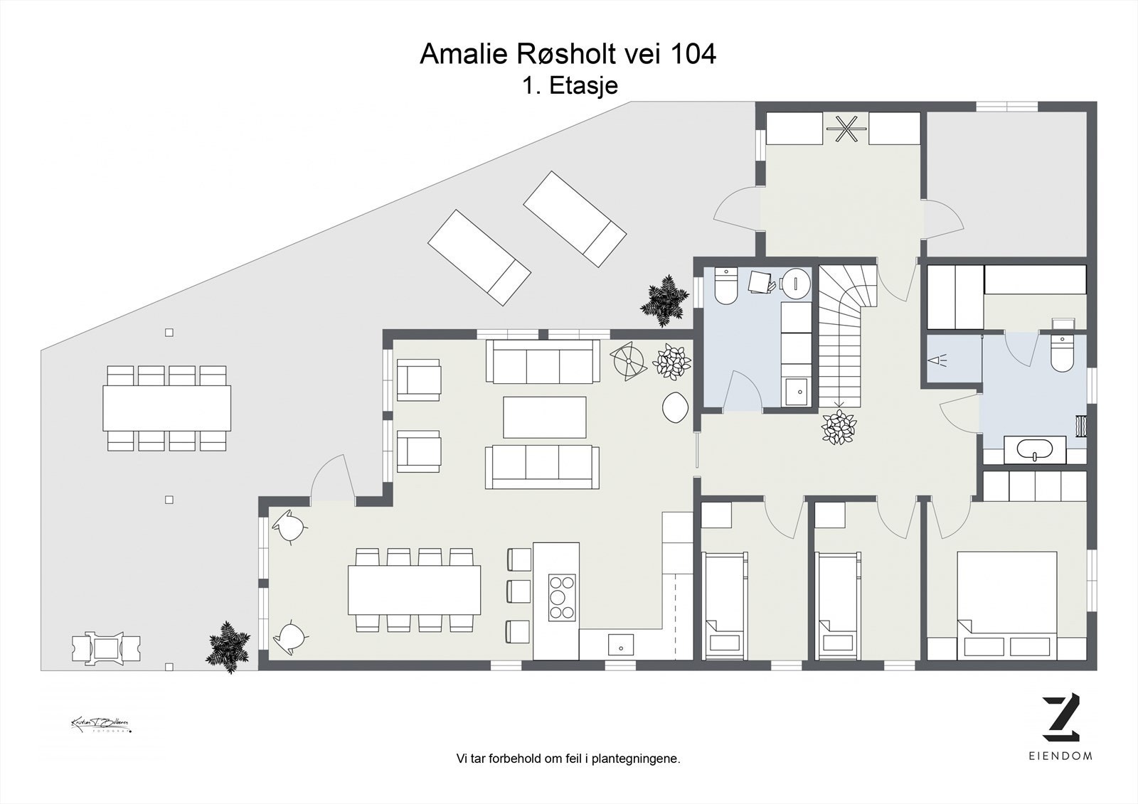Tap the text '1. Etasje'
(569, 86)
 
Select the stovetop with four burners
(561, 599)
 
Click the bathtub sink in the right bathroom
(1034, 450)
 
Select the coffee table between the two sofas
(545, 417)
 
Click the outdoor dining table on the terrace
(167, 408)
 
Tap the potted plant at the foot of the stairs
(839, 427)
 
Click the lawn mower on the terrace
(107, 648)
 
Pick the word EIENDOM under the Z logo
(1060, 756)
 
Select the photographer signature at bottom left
(100, 724)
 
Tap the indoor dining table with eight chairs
(414, 589)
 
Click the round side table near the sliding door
(675, 408)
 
